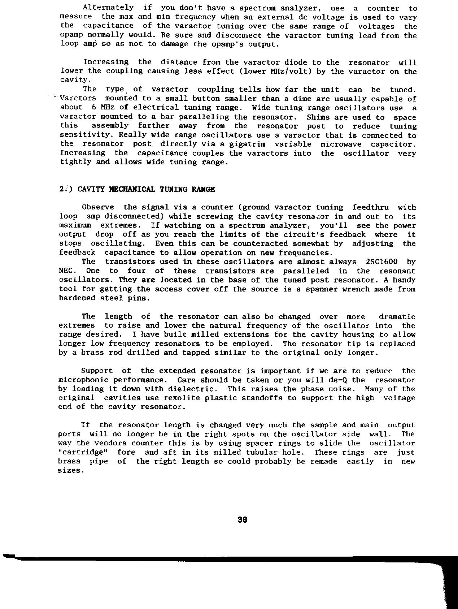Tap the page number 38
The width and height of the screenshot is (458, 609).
[x=242, y=520]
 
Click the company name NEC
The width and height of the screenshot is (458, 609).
[x=66, y=271]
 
